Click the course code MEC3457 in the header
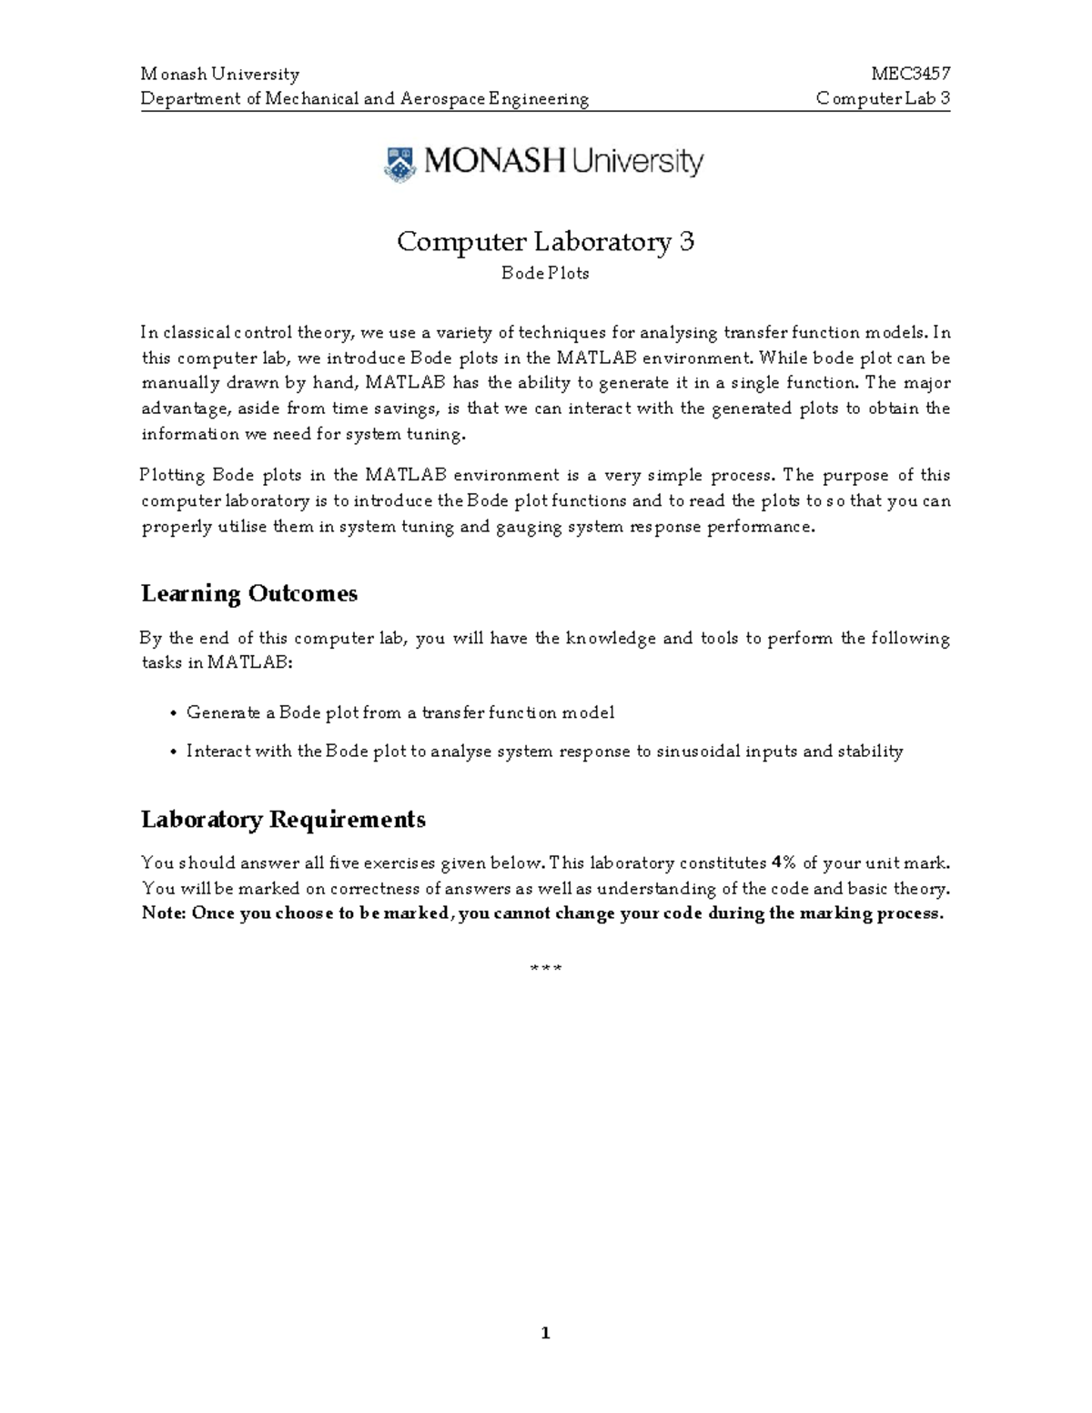pos(910,74)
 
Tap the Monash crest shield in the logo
pos(399,164)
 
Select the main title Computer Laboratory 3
pos(545,241)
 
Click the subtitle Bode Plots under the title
pos(545,273)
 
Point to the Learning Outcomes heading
pos(249,593)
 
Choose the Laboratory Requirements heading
pos(283,819)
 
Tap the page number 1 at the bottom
pos(545,1334)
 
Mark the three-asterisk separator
pos(545,968)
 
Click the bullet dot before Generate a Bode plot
pos(173,713)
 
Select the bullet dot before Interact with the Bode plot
pos(173,752)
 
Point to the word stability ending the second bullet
pos(870,752)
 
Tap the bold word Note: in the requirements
pos(164,913)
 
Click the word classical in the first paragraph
pos(196,333)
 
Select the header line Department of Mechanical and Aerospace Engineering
pos(365,98)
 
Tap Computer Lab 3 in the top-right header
pos(883,98)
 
